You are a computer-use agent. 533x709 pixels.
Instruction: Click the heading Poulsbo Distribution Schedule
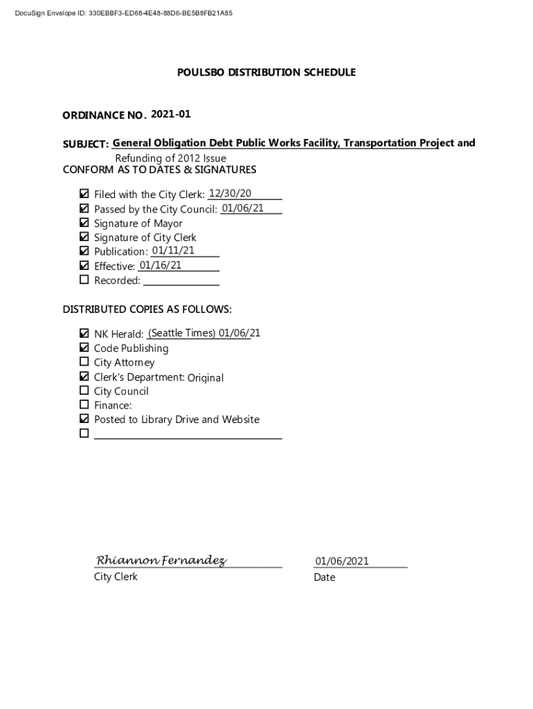266,72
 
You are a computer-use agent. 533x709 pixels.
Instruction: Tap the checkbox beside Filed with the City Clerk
84,194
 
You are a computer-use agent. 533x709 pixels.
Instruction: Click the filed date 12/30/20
230,193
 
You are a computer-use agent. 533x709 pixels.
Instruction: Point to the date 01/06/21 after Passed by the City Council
242,208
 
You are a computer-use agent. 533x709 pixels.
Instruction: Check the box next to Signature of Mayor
84,223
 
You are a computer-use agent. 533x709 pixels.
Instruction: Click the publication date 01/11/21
173,251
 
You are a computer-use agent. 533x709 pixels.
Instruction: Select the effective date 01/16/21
161,265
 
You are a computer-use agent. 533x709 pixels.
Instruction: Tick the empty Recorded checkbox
84,280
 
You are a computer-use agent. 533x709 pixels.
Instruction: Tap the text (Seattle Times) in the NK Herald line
182,333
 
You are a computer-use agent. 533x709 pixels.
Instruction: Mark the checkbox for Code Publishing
84,348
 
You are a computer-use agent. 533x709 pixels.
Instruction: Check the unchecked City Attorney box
84,362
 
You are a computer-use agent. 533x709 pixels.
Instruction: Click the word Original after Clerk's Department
206,377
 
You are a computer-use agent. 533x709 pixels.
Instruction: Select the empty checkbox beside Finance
84,405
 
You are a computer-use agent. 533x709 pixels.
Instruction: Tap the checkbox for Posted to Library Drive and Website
84,419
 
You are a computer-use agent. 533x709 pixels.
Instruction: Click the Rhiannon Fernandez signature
161,560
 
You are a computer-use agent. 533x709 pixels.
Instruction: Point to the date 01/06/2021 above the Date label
342,561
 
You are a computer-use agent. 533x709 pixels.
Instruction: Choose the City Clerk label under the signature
116,577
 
